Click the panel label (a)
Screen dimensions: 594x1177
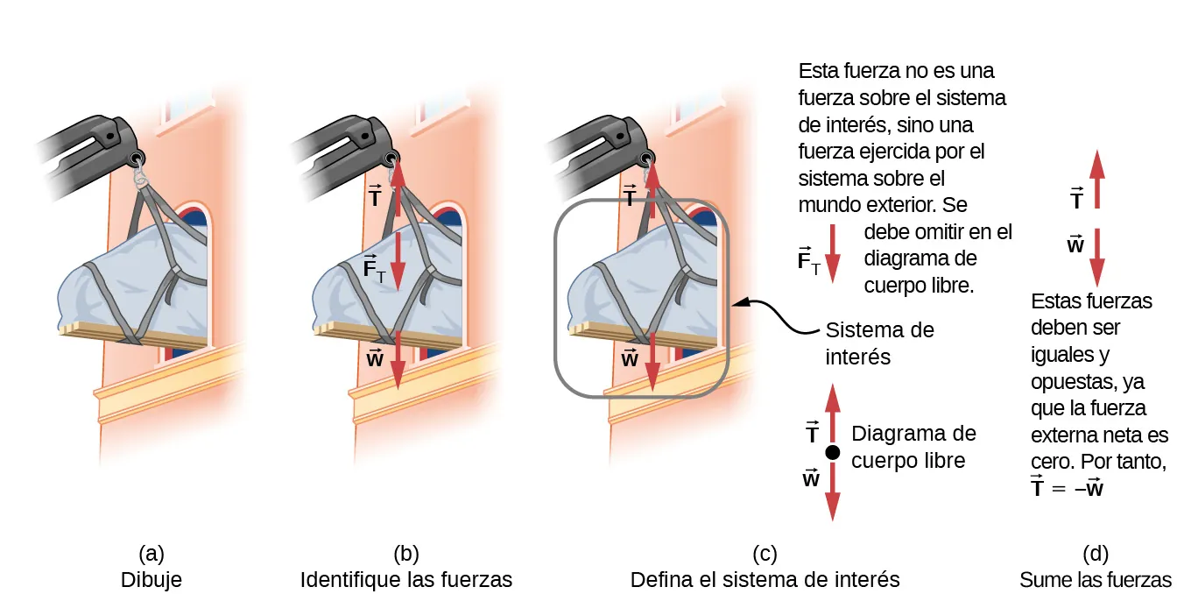(x=152, y=553)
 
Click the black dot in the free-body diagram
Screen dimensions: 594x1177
(x=833, y=452)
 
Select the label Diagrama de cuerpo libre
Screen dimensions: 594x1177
(x=913, y=447)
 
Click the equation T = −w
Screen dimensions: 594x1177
(x=1067, y=488)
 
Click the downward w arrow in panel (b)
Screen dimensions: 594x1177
(x=398, y=357)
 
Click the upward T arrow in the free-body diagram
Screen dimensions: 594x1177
(x=833, y=412)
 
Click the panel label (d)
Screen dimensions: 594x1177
(x=1095, y=553)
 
